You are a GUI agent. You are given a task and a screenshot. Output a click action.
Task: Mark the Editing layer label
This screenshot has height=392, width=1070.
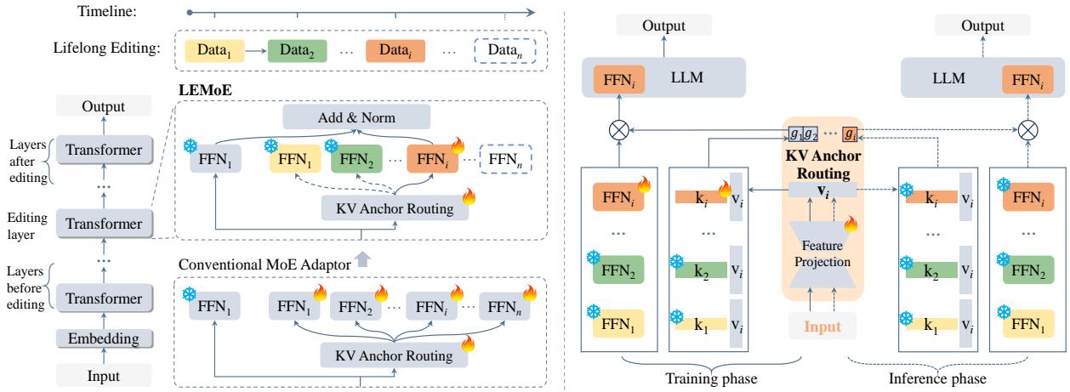point(28,222)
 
